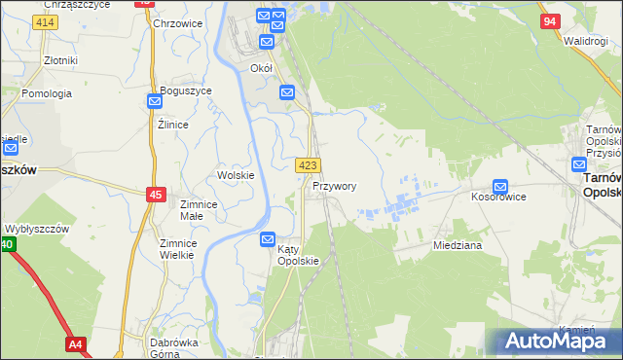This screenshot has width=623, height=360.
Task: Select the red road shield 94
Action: click(550, 21)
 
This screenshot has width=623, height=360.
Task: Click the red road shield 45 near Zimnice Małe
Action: click(156, 195)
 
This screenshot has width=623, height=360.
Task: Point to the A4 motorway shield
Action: click(76, 344)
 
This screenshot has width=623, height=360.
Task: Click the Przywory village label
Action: click(335, 186)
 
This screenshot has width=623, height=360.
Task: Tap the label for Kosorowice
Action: click(499, 197)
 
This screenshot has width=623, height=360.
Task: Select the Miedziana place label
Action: click(458, 246)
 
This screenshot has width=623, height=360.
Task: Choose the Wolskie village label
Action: click(236, 175)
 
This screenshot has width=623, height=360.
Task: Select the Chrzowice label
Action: click(176, 23)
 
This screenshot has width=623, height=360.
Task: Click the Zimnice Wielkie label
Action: click(178, 249)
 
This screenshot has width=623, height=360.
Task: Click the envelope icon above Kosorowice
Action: click(500, 185)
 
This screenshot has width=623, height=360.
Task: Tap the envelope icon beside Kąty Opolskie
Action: click(269, 238)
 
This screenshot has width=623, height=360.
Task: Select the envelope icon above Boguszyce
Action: click(156, 100)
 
